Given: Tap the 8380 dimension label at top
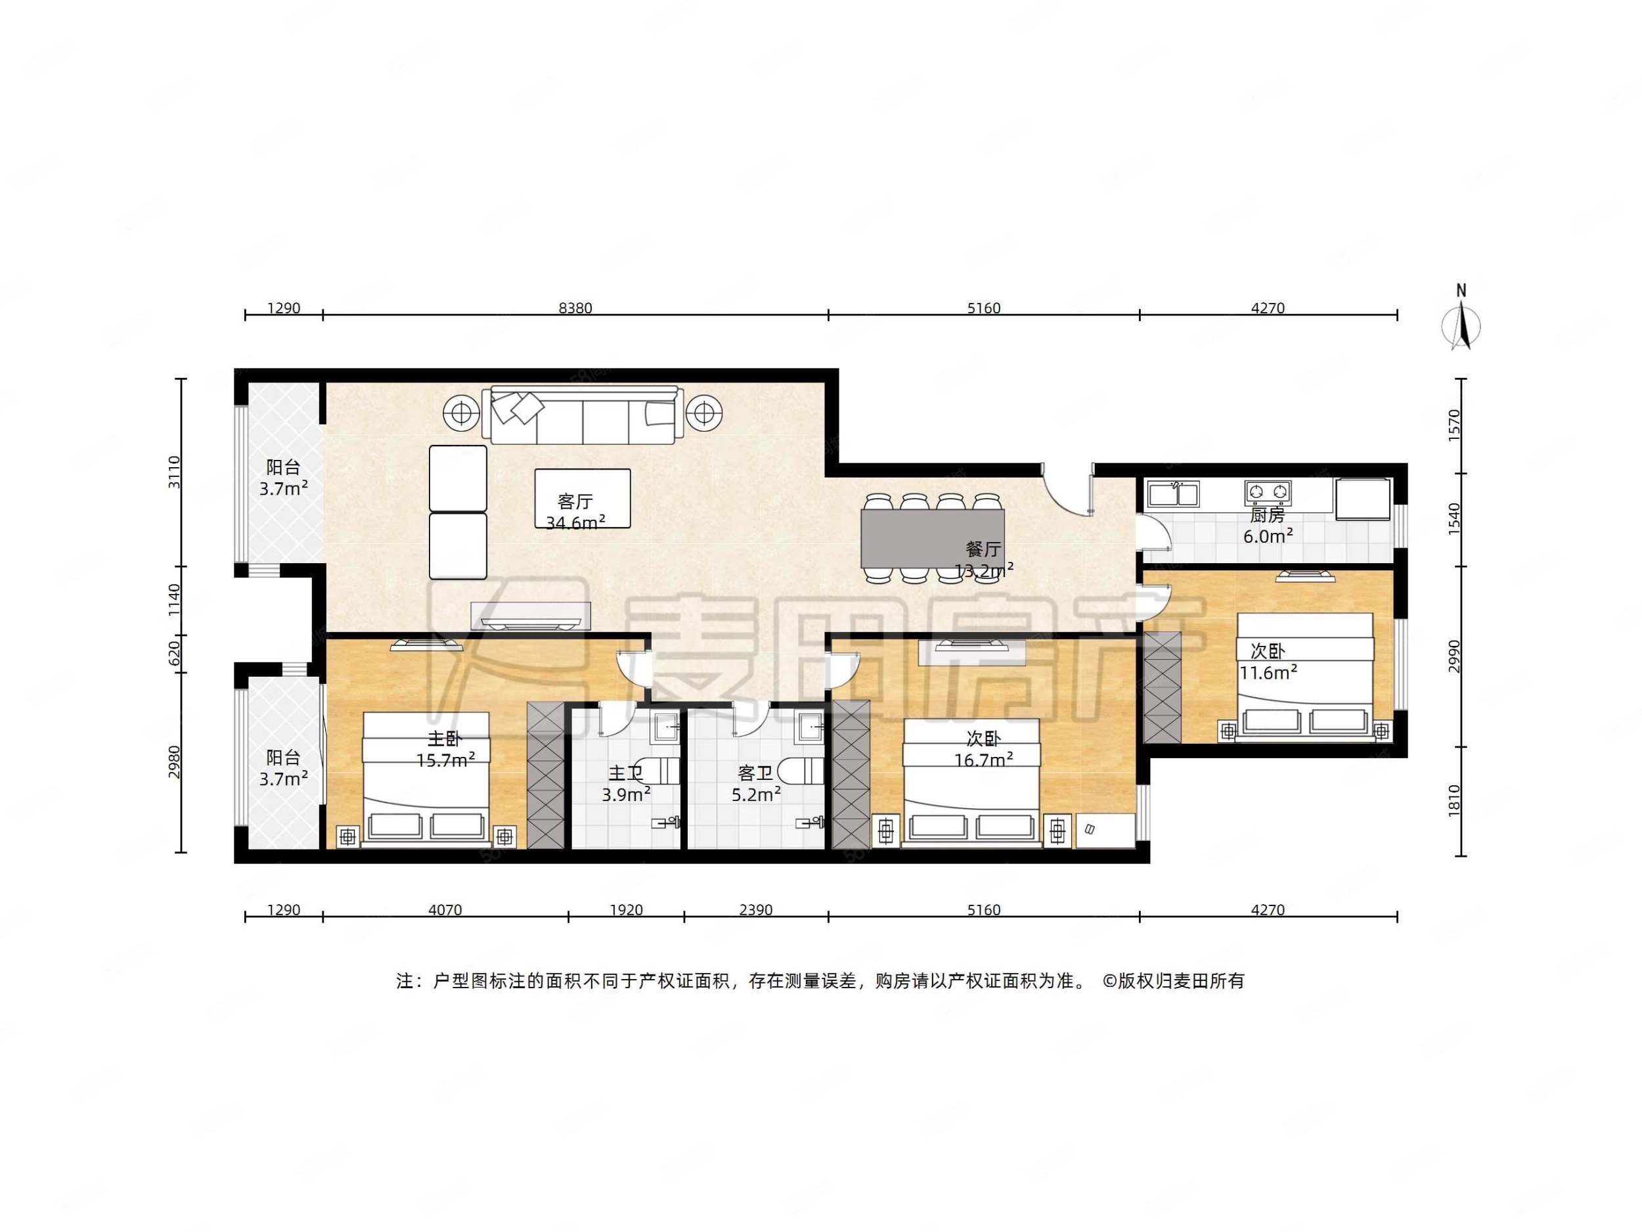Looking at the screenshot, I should pos(575,308).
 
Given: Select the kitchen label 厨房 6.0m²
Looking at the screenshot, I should pos(1268,525).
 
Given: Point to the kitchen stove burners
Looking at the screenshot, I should pos(1268,491).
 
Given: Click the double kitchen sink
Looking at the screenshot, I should pos(1173,493).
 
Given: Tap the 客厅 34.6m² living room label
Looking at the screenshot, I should pos(575,512).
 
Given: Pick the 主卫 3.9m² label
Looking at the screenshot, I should pos(626,784).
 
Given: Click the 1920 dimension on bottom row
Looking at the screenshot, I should pos(626,909).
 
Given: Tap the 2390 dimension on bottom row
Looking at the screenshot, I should pos(756,909).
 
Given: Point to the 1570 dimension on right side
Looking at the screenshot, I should pos(1454,426).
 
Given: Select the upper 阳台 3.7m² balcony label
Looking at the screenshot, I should pos(283,478).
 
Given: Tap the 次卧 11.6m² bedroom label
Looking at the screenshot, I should pos(1268,662).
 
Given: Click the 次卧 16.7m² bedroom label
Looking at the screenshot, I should pos(984,748).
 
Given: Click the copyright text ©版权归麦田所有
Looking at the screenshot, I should pos(1173,981).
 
